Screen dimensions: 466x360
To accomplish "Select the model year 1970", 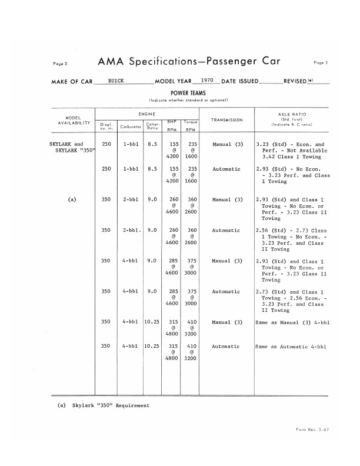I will tap(207, 79).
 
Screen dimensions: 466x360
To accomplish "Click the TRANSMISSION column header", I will tap(227, 120).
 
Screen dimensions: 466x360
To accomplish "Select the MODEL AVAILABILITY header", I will tap(73, 119).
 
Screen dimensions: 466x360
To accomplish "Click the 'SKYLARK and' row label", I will tap(66, 144).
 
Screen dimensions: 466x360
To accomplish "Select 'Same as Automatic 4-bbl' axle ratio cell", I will tap(291, 347).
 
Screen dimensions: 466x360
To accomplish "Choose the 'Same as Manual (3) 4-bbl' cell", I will tap(291, 322).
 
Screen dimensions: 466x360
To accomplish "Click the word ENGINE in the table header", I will tap(146, 111).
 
